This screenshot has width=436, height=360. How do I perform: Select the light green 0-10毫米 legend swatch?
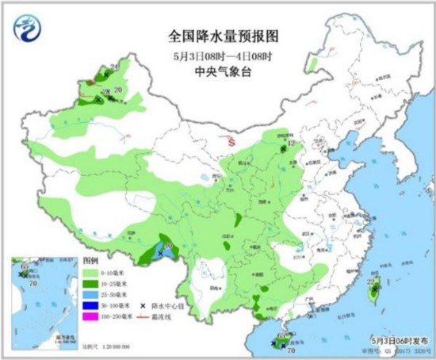(x=90, y=272)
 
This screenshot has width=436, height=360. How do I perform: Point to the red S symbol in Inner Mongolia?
(x=231, y=144)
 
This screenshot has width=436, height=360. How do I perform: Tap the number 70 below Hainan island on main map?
(x=291, y=349)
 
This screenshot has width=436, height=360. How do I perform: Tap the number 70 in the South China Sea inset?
(x=33, y=281)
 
